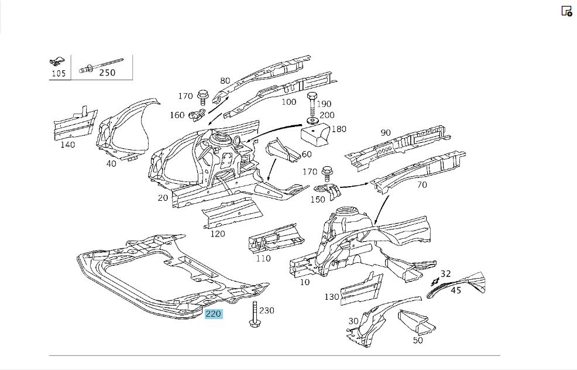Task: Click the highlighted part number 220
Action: [214, 314]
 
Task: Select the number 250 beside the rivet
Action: [107, 73]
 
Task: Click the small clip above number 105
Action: [57, 61]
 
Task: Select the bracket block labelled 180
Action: [315, 135]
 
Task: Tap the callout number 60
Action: [307, 154]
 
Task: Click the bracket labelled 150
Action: [328, 191]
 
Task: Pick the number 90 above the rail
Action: [386, 132]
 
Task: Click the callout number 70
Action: [422, 185]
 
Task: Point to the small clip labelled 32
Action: [435, 282]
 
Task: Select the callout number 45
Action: [456, 290]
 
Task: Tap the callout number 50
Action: [418, 340]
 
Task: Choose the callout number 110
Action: [263, 258]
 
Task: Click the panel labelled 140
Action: [75, 124]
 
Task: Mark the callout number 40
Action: [111, 163]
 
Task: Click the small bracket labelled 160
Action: [197, 115]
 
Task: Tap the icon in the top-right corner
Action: [566, 11]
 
